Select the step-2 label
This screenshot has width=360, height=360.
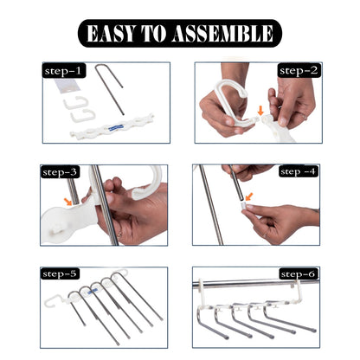(297, 70)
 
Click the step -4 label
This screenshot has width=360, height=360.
(297, 172)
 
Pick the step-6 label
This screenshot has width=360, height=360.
(297, 273)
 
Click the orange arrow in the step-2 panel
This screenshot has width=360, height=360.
(264, 111)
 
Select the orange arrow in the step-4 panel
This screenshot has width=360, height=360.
(248, 197)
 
